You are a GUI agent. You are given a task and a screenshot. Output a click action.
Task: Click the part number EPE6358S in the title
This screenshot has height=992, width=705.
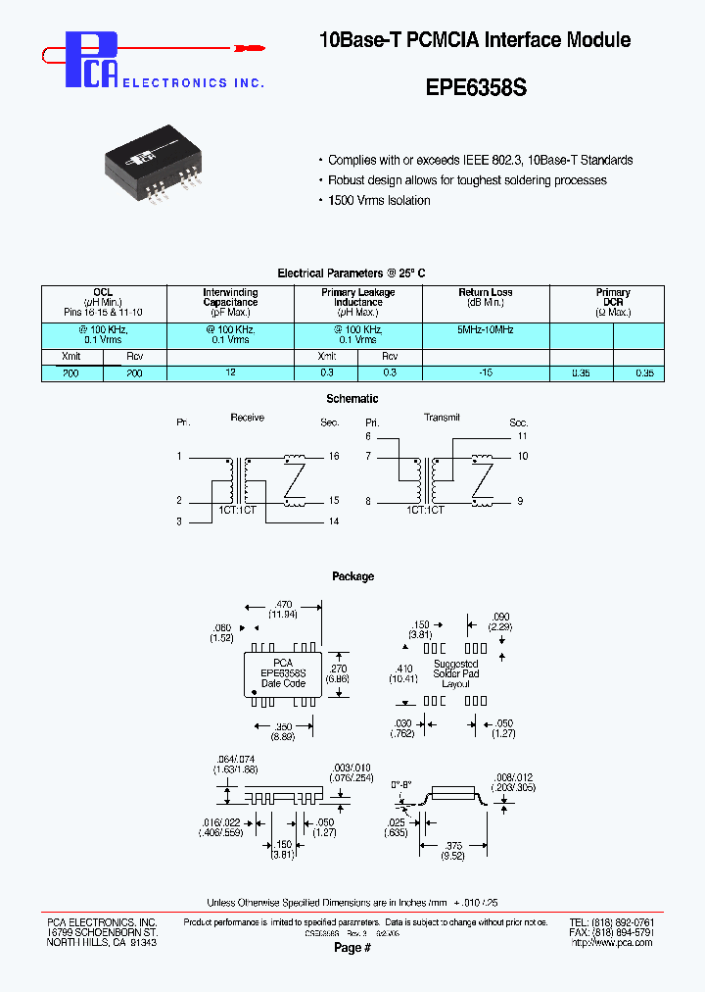pyautogui.click(x=476, y=87)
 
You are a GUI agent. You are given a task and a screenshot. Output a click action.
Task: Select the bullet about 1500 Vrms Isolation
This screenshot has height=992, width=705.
pyautogui.click(x=378, y=200)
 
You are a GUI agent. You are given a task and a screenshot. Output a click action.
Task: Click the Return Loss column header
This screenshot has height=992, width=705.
pyautogui.click(x=485, y=292)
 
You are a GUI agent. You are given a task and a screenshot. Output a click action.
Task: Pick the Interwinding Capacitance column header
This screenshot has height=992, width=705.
pyautogui.click(x=230, y=298)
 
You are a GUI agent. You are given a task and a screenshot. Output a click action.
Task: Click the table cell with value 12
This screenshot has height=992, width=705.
pyautogui.click(x=230, y=373)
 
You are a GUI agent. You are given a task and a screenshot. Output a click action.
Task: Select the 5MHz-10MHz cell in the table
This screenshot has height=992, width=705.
pyautogui.click(x=485, y=330)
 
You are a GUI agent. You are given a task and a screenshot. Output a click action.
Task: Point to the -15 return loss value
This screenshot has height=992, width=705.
pyautogui.click(x=485, y=373)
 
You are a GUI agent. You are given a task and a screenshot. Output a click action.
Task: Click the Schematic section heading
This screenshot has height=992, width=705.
pyautogui.click(x=352, y=399)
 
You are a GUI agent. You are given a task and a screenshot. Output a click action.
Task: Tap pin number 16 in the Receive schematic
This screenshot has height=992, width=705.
pyautogui.click(x=333, y=457)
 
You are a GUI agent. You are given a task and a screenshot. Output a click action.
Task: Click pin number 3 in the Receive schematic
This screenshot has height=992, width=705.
pyautogui.click(x=179, y=522)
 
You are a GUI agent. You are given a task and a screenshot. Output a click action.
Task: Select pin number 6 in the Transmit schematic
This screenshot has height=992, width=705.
pyautogui.click(x=369, y=435)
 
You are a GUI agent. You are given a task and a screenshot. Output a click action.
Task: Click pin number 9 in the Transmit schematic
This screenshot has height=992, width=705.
pyautogui.click(x=521, y=501)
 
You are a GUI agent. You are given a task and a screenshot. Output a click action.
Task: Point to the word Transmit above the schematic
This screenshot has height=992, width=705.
pyautogui.click(x=442, y=418)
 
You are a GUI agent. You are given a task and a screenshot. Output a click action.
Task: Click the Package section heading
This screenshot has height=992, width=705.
pyautogui.click(x=352, y=576)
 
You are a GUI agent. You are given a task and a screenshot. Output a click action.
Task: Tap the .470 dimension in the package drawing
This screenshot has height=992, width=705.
pyautogui.click(x=283, y=606)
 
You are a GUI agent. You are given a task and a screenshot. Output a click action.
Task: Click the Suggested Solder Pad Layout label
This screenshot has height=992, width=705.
pyautogui.click(x=455, y=673)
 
